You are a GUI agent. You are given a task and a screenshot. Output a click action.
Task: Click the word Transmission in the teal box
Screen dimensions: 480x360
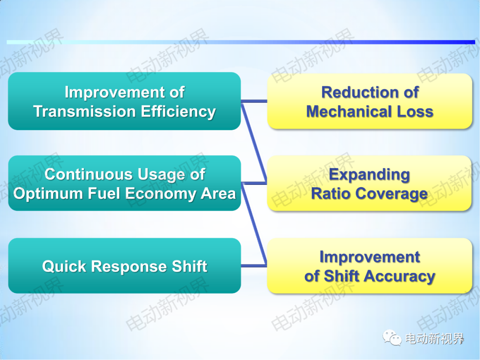click(84, 111)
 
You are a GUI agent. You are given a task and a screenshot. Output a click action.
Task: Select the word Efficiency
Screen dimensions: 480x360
click(178, 112)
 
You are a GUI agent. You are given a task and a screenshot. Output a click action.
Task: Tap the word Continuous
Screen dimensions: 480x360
click(89, 175)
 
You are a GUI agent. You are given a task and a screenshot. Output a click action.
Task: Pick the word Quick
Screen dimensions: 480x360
click(64, 266)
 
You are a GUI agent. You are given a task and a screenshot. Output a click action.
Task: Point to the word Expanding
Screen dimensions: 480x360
click(369, 175)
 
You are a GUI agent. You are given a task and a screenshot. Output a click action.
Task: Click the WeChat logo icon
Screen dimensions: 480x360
click(392, 338)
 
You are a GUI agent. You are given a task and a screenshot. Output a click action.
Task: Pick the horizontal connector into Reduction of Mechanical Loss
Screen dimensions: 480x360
click(254, 101)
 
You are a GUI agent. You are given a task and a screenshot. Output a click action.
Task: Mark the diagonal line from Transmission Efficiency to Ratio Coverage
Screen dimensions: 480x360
click(254, 142)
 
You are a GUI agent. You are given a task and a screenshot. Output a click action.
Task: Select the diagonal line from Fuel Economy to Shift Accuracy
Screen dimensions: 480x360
click(254, 224)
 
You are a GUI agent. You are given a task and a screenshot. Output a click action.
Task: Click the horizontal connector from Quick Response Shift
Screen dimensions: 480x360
click(254, 265)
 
